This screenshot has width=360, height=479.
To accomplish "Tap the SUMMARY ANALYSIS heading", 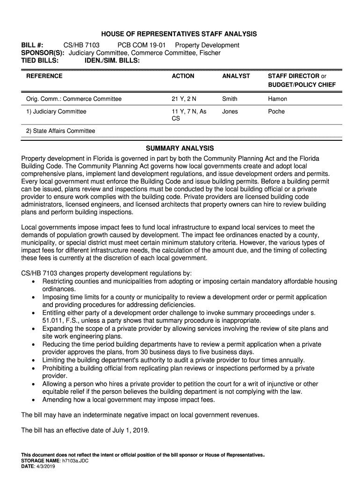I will click(x=180, y=148).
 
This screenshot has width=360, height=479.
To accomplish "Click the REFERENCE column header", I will click(x=44, y=76).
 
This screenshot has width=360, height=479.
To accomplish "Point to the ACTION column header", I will click(x=183, y=76).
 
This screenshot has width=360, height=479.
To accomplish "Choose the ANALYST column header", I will click(x=236, y=76).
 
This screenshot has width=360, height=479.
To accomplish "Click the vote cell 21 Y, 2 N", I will click(x=185, y=99).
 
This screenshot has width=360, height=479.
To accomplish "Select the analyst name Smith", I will click(x=230, y=99).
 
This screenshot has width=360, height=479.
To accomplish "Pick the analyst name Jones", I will click(x=230, y=112).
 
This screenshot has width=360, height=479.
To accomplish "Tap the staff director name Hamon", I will click(x=278, y=99).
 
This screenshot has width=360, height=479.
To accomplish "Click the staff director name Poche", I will click(x=276, y=112).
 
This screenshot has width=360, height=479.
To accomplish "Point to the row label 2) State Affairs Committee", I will click(x=61, y=131).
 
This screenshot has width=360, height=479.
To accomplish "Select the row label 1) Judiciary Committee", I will click(x=57, y=112).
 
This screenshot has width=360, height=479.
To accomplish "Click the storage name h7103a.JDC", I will click(x=75, y=461).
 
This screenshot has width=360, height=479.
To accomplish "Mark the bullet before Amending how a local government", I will click(x=34, y=400).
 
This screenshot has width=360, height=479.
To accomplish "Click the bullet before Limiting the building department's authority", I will click(x=34, y=361).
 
